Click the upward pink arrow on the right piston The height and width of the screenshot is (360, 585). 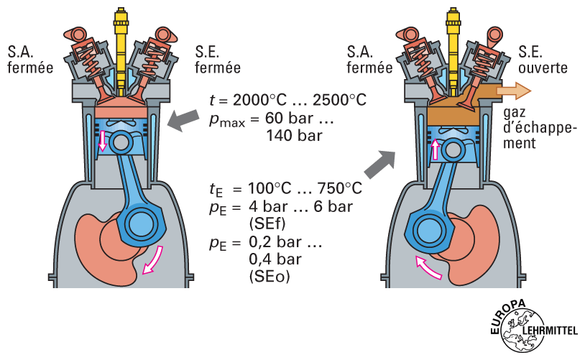point(436,148)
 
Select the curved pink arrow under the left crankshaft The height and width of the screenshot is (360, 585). point(153,260)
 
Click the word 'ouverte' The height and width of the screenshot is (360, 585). point(543,68)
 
